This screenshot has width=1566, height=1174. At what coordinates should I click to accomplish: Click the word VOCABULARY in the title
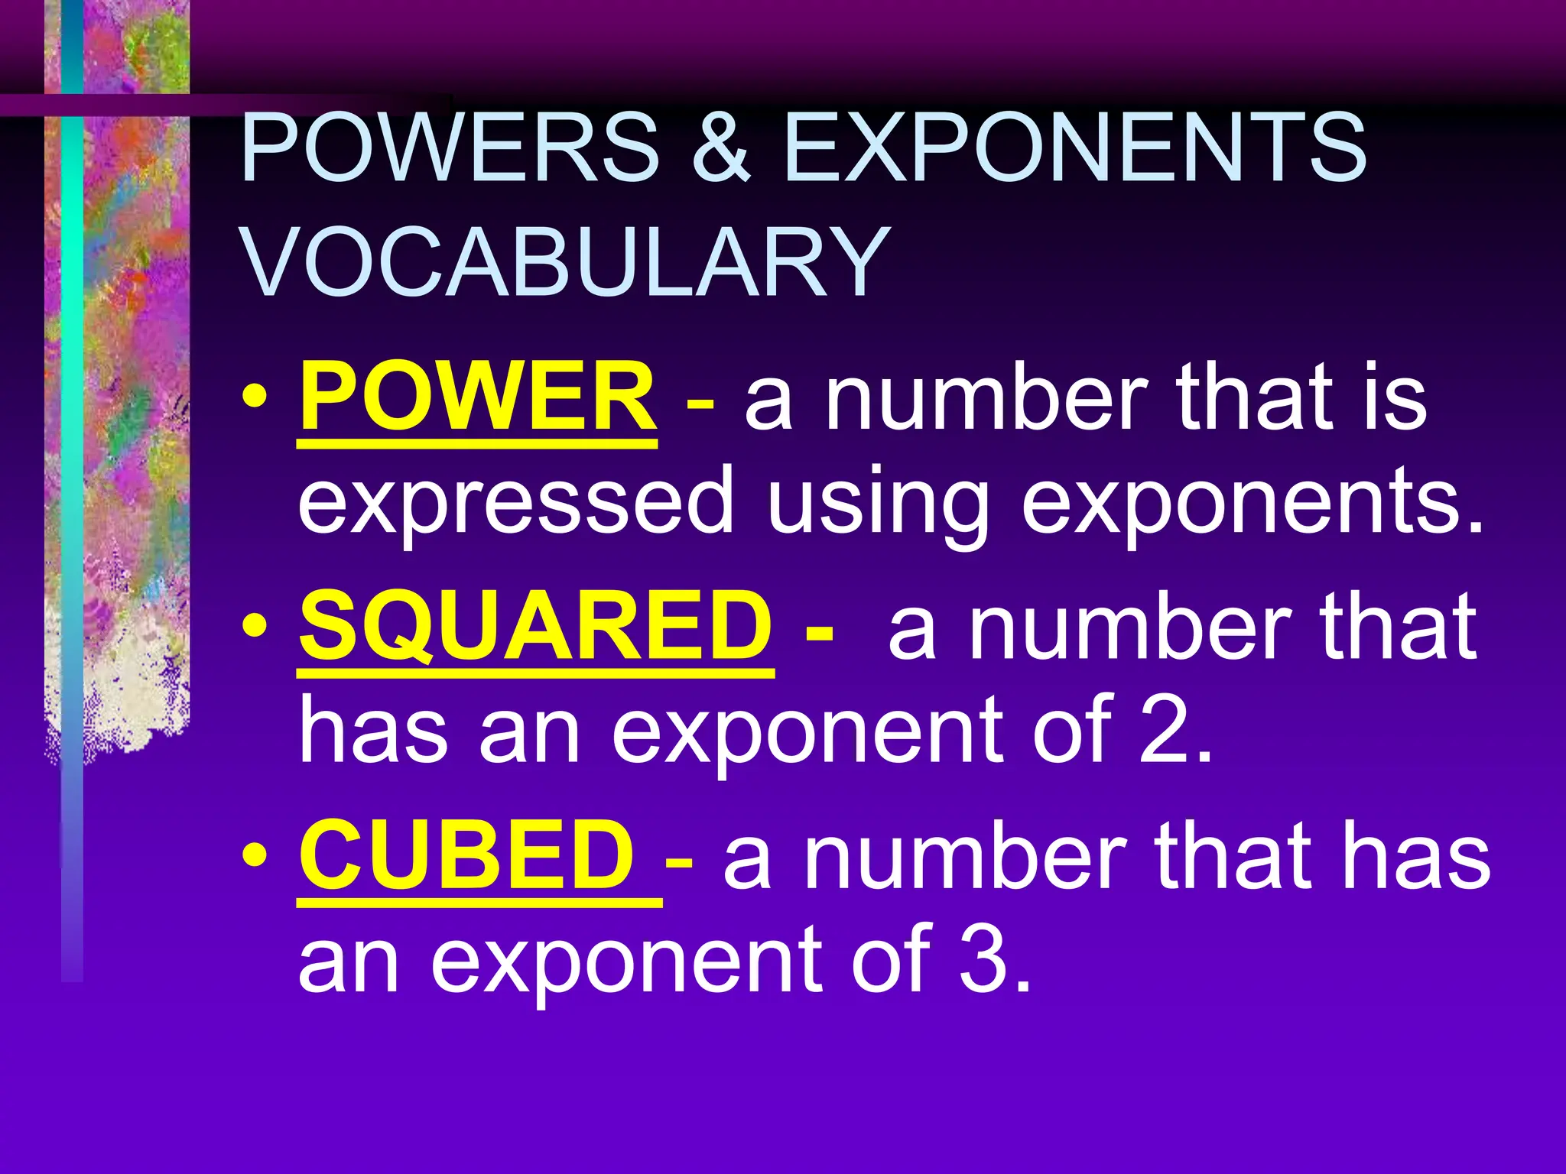[566, 262]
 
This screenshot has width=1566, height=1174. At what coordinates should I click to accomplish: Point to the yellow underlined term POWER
[477, 397]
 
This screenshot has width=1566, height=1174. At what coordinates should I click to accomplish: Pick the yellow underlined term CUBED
[466, 855]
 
